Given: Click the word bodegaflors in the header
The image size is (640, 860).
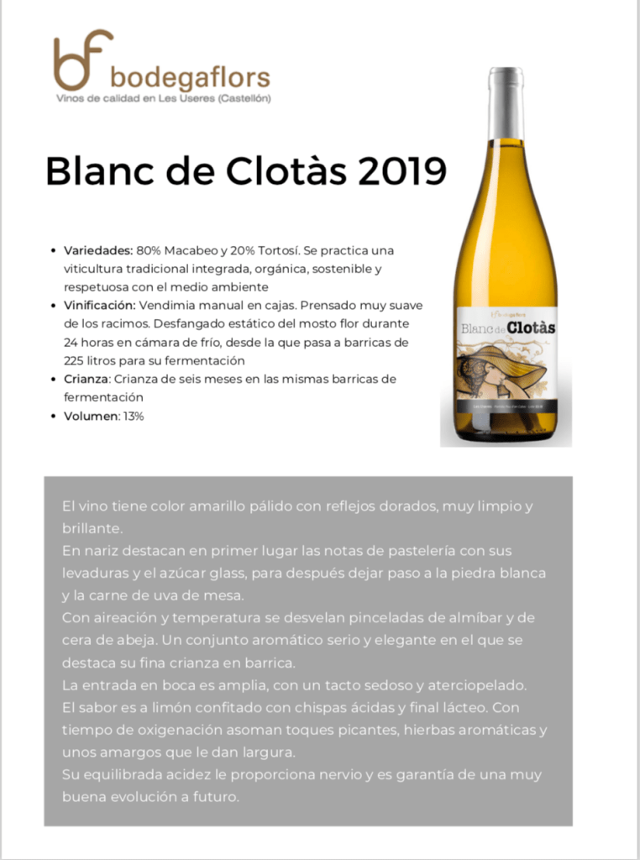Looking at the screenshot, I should (x=190, y=78).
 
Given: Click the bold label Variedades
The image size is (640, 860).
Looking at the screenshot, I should (x=98, y=250).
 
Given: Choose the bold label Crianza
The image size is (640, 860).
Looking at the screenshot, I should (x=87, y=379).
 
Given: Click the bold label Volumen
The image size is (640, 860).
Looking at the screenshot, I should (x=92, y=416).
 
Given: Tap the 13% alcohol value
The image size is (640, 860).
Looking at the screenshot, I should (x=133, y=416).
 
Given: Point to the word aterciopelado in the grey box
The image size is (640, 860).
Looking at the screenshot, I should (x=473, y=685).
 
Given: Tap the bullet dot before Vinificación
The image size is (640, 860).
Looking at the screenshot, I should (x=55, y=306).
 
